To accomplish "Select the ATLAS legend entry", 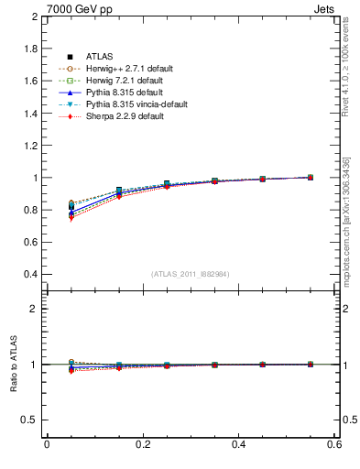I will pos(99,57).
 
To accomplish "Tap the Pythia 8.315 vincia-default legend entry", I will pos(136,104).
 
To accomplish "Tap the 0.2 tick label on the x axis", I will pos(143,445).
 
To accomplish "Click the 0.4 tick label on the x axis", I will pos(239,445).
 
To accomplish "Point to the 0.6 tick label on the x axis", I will pos(334,445).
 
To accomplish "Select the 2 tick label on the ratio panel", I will pos(35,310).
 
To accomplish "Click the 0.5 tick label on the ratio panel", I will pos(30,420).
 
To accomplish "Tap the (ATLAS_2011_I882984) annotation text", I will pos(191,274).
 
